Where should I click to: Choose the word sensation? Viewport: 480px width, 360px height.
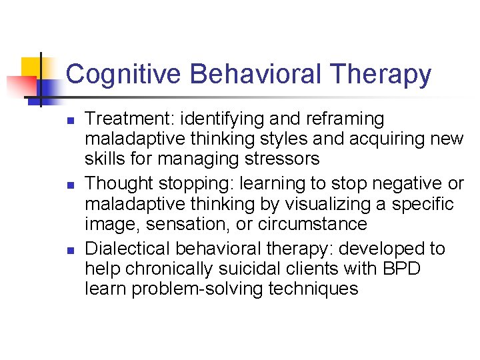click(x=176, y=224)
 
